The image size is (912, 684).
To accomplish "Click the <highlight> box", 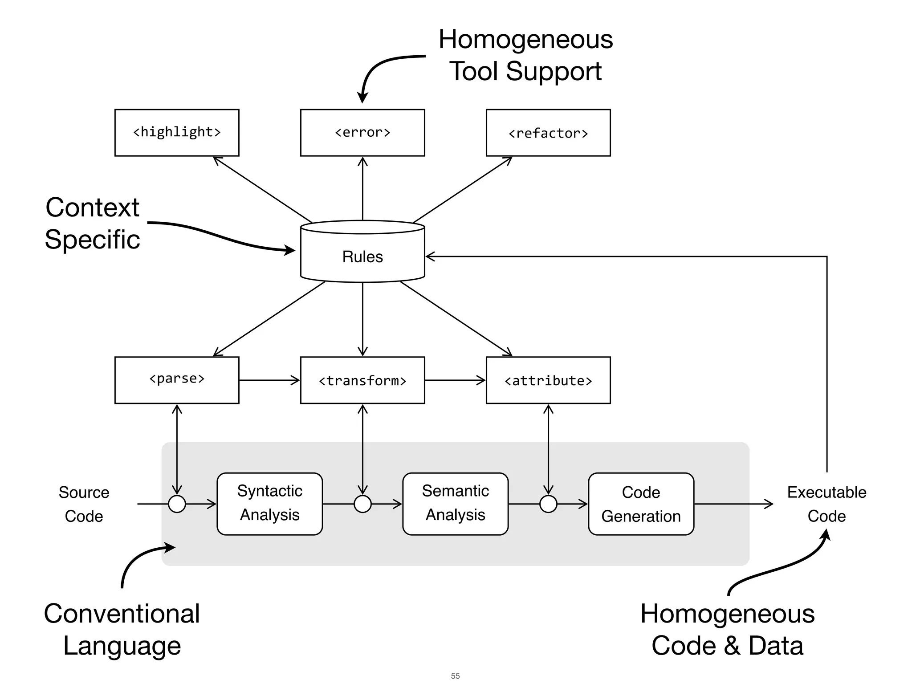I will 177,133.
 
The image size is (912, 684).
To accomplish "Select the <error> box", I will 362,133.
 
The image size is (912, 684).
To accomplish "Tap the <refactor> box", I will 548,133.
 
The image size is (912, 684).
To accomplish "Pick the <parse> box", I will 177,380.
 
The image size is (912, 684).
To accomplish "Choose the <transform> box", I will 362,380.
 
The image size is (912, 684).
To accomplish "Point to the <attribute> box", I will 548,380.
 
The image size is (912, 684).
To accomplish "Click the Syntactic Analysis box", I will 269,504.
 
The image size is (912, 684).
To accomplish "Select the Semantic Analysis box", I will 455,504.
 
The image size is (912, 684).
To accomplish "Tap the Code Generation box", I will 641,504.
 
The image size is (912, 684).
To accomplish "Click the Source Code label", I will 84,504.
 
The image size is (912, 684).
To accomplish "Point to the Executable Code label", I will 826,504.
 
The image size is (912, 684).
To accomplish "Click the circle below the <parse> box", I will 177,504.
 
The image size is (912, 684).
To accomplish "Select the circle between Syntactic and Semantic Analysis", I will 362,504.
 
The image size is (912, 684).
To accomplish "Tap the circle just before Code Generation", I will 548,504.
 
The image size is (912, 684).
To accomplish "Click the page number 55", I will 455,676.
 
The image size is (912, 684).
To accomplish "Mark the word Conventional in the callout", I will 122,614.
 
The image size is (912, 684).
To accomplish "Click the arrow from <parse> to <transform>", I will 269,380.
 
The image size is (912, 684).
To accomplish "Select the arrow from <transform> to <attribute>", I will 455,380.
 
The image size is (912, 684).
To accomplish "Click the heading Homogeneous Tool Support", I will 525,55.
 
